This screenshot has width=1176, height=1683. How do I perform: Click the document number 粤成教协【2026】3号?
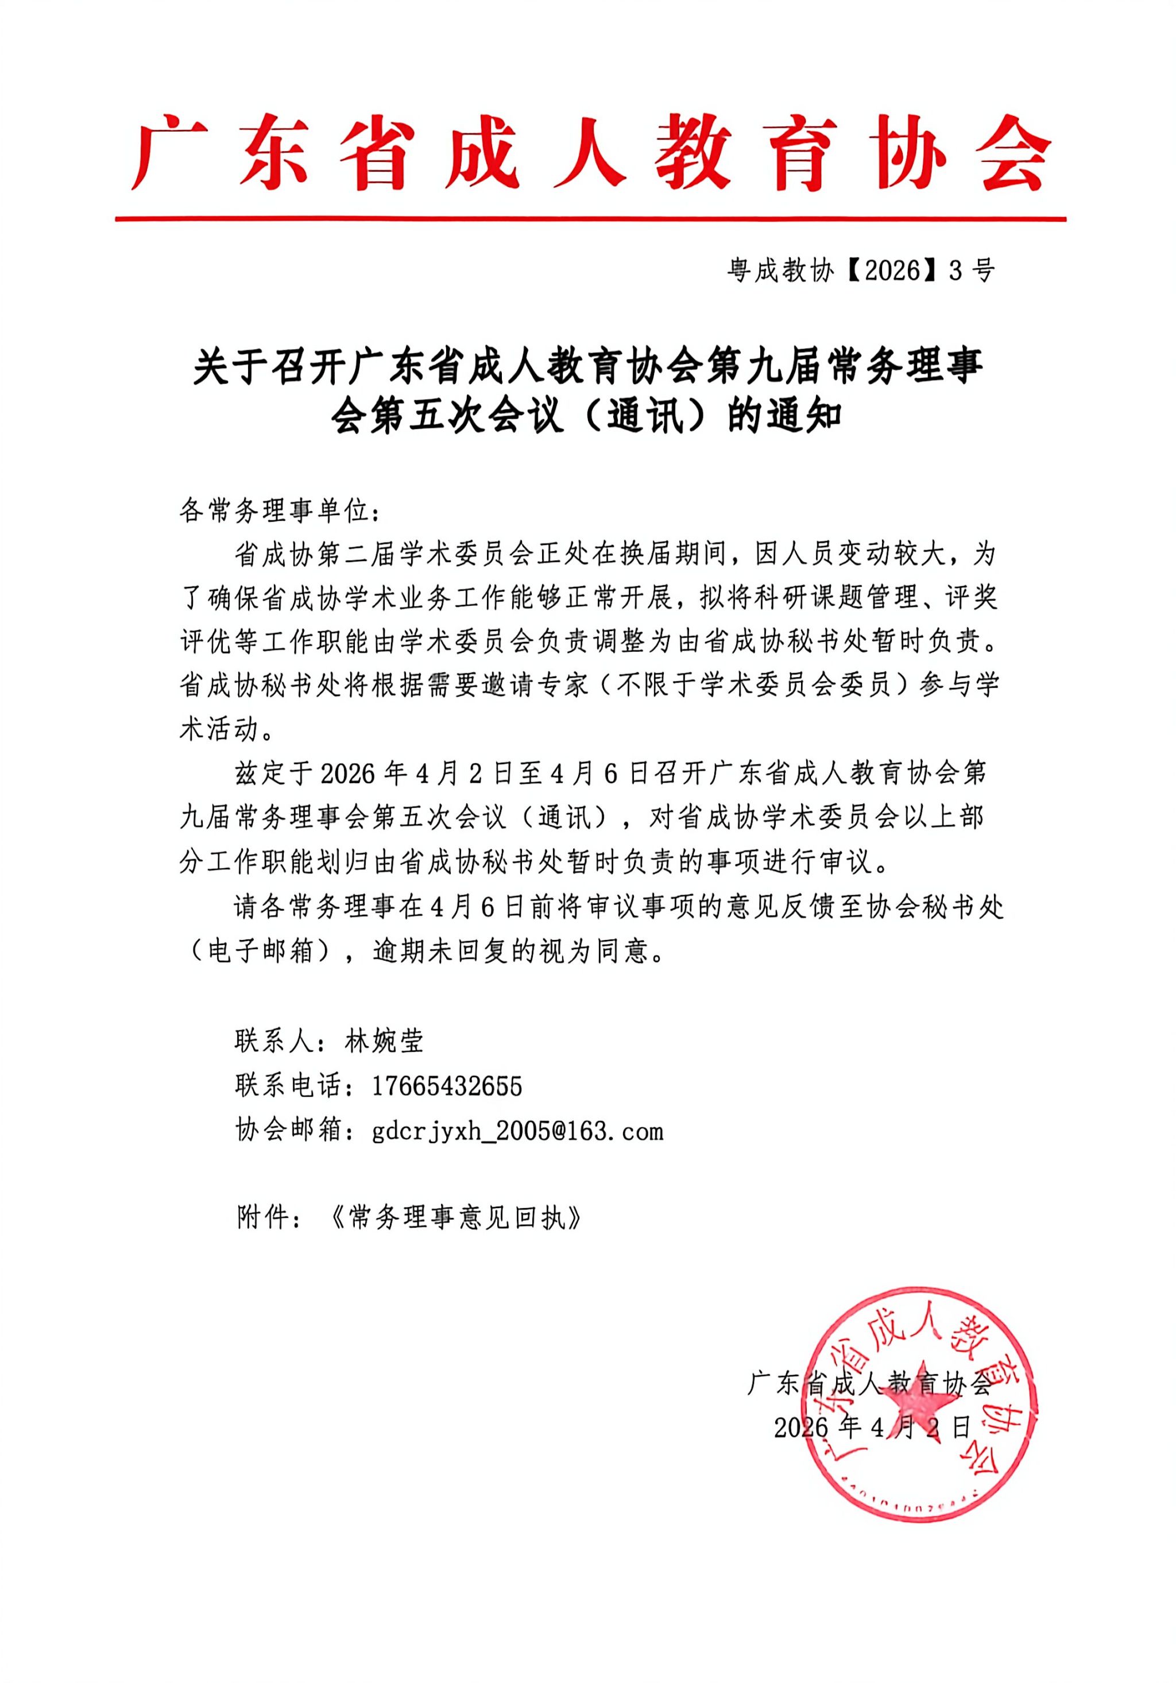(x=861, y=271)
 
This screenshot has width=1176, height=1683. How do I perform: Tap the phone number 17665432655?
(x=447, y=1086)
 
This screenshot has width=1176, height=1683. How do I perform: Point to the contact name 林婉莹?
(x=384, y=1042)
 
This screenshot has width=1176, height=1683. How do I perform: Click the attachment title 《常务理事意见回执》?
(x=455, y=1218)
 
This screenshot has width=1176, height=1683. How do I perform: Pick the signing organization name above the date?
(x=869, y=1384)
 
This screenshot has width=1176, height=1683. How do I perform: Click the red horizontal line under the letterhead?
(x=590, y=218)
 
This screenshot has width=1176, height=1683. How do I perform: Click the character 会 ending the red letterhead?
(x=1015, y=153)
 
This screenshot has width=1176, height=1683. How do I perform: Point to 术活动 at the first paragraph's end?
(x=219, y=729)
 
